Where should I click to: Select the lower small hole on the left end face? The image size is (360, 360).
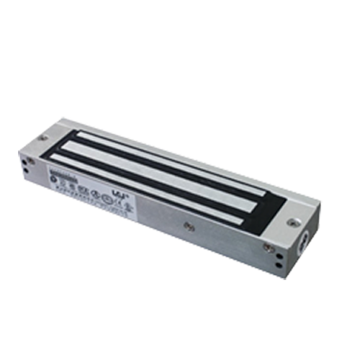(x=28, y=171)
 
